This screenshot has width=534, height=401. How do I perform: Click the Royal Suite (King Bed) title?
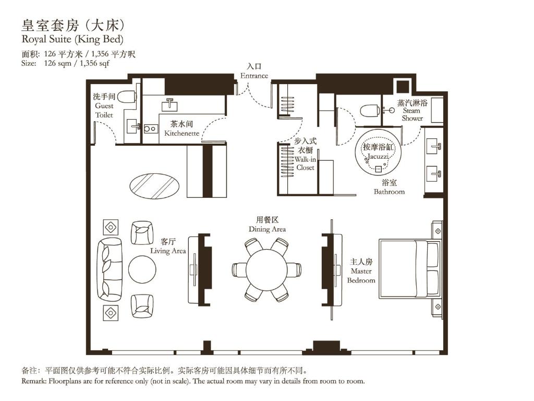(72, 39)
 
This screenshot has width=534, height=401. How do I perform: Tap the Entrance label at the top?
(254, 76)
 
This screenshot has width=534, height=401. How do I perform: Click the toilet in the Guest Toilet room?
(126, 97)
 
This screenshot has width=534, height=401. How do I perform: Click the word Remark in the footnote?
(34, 381)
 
